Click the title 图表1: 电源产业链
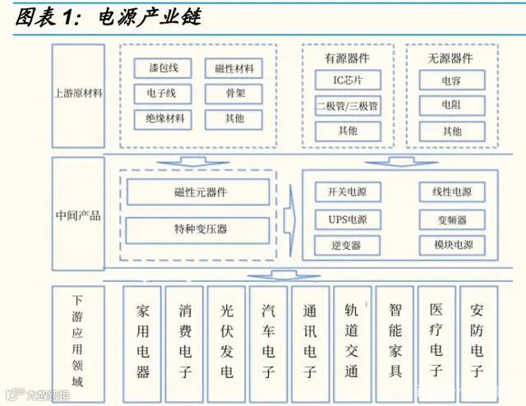tap(107, 17)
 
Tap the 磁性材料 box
tap(233, 67)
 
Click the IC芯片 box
tap(348, 81)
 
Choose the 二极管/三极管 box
tap(348, 106)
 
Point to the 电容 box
tap(451, 81)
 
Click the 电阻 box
tap(451, 106)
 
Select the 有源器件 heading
tap(348, 58)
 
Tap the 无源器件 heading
tap(451, 58)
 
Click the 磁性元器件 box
tap(197, 192)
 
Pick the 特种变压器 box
tap(197, 229)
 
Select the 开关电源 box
tap(347, 192)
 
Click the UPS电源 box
tap(347, 219)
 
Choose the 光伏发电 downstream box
tap(227, 341)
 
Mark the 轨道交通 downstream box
tap(353, 341)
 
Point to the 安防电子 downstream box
tap(478, 341)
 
